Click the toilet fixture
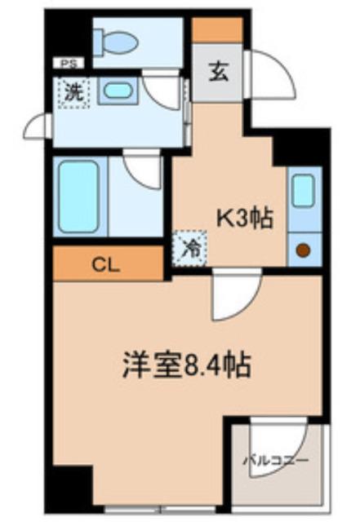(x=114, y=40)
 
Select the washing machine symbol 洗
(x=73, y=92)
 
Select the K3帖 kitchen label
(x=242, y=218)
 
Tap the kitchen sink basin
(x=303, y=190)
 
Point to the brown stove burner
(x=303, y=250)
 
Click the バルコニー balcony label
(x=276, y=461)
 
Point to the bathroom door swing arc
(x=145, y=170)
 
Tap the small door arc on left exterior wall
(x=37, y=126)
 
